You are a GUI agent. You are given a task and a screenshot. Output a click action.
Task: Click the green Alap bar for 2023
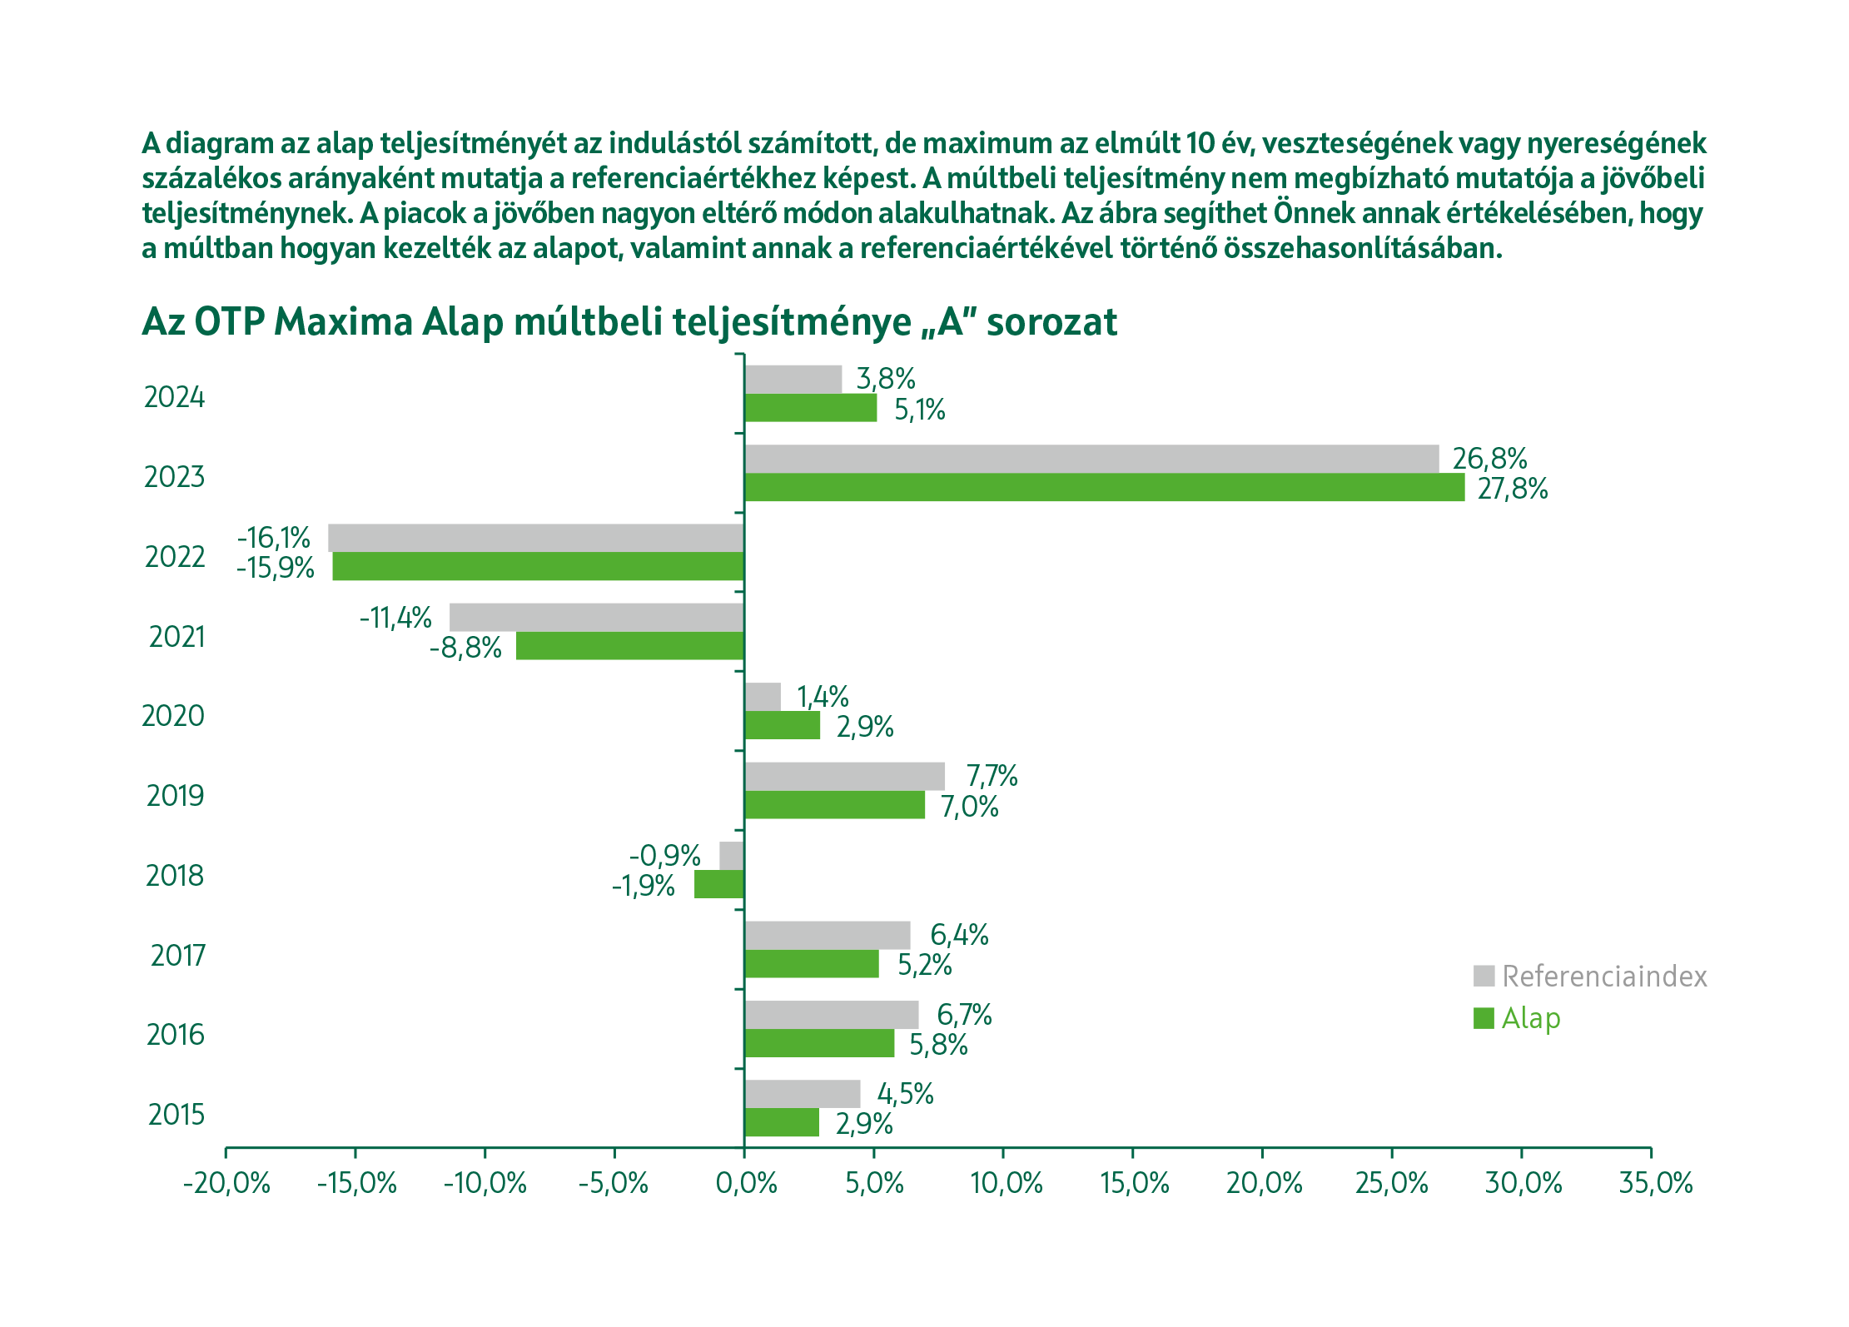click(x=1104, y=488)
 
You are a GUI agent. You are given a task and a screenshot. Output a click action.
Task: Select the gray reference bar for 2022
click(x=535, y=538)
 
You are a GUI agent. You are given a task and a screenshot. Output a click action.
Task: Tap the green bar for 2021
click(x=629, y=646)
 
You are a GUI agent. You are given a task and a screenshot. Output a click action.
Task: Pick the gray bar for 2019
click(x=844, y=776)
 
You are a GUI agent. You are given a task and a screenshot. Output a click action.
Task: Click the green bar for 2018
click(x=719, y=884)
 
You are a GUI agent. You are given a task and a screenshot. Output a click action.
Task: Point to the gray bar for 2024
click(x=793, y=380)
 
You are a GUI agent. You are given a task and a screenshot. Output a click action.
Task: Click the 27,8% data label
click(x=1512, y=489)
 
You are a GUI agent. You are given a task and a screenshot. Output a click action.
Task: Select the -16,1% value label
click(x=273, y=538)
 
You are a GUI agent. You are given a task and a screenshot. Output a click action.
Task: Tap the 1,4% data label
click(x=823, y=696)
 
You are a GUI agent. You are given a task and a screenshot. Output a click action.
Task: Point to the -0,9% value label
click(x=664, y=855)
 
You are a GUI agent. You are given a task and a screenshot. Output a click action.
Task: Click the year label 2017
click(x=177, y=955)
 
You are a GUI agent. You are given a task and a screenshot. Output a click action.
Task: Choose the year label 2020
click(x=173, y=716)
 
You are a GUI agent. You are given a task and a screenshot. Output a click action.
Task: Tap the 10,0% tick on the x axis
click(x=1006, y=1183)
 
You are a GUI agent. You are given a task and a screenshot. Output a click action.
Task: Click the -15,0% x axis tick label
click(x=357, y=1183)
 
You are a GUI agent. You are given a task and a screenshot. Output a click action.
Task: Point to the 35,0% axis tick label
click(x=1655, y=1183)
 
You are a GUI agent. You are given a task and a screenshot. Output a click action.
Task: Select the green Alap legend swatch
click(x=1483, y=1018)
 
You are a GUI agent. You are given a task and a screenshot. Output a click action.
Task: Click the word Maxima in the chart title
click(x=343, y=321)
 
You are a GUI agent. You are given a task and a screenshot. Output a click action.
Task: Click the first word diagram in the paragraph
click(x=220, y=143)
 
